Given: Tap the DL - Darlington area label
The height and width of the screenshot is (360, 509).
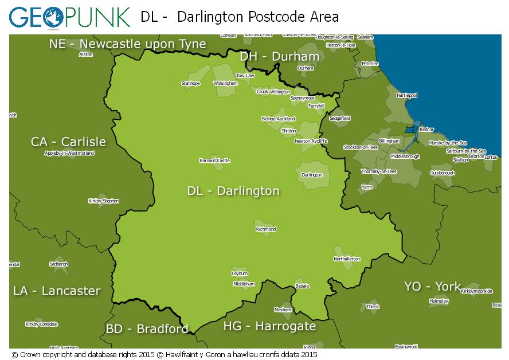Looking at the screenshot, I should click(233, 191).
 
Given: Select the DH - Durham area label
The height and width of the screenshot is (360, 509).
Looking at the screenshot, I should click(279, 56).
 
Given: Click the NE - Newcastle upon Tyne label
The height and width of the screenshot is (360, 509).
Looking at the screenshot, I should click(127, 44).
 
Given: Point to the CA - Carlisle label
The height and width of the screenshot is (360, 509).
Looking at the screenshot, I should click(68, 142).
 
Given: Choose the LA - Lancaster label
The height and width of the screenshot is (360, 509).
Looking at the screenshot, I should click(57, 291).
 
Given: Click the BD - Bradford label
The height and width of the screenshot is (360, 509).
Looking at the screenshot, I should click(147, 329).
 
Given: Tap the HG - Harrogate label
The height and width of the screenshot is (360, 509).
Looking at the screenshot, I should click(269, 326).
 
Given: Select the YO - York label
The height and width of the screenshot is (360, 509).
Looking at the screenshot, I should click(432, 286).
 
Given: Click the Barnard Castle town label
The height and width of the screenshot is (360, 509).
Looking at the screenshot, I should click(214, 161).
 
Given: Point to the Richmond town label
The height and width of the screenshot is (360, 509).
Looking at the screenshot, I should click(266, 229).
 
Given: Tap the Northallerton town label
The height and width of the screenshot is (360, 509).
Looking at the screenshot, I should click(347, 259).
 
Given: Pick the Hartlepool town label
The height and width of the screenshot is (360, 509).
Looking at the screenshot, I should click(407, 95).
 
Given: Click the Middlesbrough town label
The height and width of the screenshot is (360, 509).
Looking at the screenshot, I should click(405, 156).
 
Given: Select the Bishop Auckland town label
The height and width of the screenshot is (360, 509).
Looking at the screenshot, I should click(278, 119).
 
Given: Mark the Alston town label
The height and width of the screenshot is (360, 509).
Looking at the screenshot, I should click(85, 54).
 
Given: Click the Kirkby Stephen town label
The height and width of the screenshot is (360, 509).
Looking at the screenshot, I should click(104, 201).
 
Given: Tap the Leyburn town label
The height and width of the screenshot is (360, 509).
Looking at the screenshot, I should click(240, 273).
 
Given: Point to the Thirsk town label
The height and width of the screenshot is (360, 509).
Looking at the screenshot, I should click(373, 307).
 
